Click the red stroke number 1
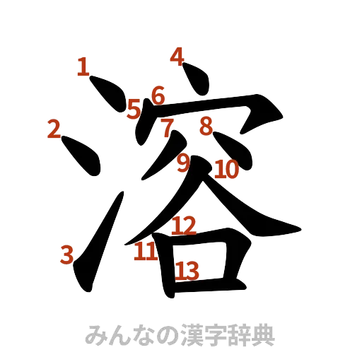coord(83,68)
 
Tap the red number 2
coord(53,129)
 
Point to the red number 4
coord(177,54)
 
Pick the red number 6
coord(158,95)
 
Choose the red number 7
coord(167,129)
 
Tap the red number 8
coord(205,126)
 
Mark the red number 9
coord(183,163)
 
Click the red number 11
coord(146,252)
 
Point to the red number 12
coord(185,226)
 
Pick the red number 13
coord(187,269)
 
